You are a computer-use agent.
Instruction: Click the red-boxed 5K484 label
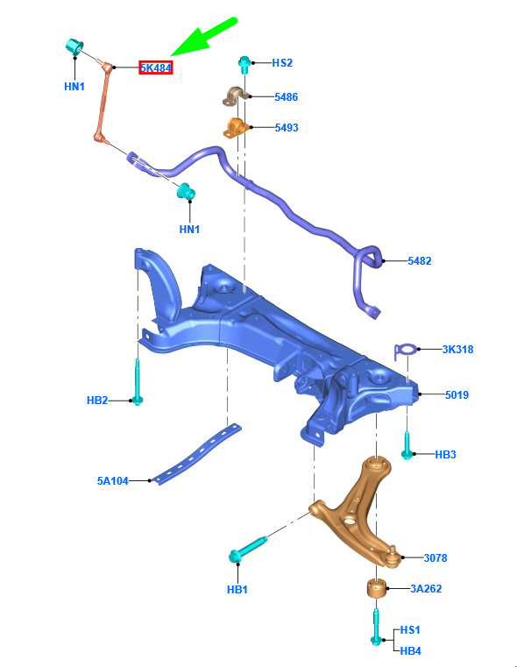click(155, 67)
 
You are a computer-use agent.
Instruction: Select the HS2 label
click(281, 63)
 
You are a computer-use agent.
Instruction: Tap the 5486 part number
click(286, 97)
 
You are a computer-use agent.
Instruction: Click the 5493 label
click(286, 128)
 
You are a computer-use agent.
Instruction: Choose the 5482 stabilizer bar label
click(419, 261)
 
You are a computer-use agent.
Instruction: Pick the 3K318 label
click(457, 350)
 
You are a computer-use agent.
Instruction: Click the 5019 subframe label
click(457, 395)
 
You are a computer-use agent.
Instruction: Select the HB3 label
click(446, 455)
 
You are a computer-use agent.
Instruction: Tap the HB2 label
click(96, 401)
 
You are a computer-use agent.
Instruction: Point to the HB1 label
click(237, 590)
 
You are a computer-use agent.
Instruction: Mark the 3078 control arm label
click(436, 557)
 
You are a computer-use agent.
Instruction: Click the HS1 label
click(410, 630)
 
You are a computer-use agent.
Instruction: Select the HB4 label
click(410, 650)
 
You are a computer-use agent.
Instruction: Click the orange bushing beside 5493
click(235, 128)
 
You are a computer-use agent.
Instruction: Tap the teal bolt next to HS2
click(244, 64)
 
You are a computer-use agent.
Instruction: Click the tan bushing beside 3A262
click(375, 586)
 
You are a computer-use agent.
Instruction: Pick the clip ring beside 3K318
click(406, 351)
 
